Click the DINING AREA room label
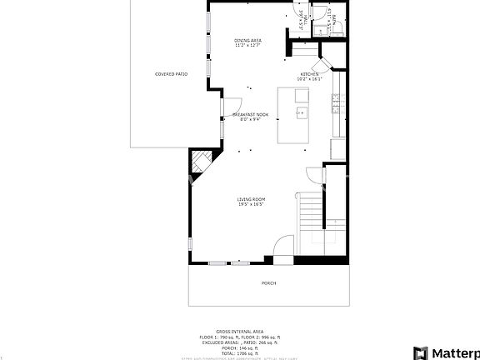pos(249,40)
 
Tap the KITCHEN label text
pos(310,74)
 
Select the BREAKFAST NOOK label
pos(250,114)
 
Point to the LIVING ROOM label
pos(251,199)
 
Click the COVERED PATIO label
pos(171,74)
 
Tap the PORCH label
pos(268,283)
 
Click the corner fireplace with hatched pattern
pos(201,159)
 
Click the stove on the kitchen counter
pos(335,104)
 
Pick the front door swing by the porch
pos(284,247)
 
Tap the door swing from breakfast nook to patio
pos(228,106)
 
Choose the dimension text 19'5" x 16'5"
pos(251,204)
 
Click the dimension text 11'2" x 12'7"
pos(249,45)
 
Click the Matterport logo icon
pos(421,352)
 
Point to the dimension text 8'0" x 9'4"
pos(250,119)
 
